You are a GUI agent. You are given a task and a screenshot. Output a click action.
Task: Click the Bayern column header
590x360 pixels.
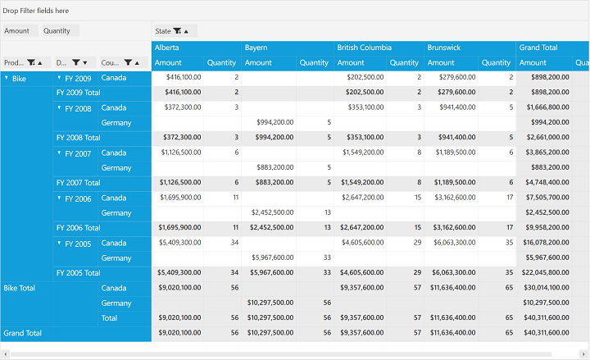click(256, 48)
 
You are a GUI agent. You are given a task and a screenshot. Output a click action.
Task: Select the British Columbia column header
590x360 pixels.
click(364, 48)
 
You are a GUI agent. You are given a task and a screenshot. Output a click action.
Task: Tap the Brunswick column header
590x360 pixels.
click(444, 48)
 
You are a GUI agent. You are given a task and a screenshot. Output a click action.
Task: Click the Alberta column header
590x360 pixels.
click(166, 48)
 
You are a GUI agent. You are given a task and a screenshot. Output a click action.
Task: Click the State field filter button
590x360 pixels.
click(177, 31)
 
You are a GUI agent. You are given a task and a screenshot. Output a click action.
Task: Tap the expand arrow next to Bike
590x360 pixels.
click(7, 78)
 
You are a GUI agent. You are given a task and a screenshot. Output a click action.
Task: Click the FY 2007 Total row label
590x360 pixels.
click(79, 183)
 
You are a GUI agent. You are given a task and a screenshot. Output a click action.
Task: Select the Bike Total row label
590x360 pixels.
click(19, 289)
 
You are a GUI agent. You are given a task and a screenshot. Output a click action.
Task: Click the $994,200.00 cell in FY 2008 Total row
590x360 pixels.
click(275, 138)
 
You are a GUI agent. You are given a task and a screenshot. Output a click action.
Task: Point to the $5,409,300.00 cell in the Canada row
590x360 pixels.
click(179, 243)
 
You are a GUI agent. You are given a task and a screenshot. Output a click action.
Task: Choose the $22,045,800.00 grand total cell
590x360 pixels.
click(545, 272)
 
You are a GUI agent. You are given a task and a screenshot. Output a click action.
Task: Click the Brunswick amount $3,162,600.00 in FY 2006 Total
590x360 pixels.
click(454, 228)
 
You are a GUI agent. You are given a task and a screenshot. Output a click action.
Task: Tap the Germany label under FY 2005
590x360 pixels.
click(116, 258)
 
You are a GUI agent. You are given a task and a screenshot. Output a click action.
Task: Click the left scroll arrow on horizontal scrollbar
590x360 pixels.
click(5, 354)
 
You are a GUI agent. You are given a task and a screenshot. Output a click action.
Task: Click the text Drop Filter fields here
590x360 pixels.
click(36, 11)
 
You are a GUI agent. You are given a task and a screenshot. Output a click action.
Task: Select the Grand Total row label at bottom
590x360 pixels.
click(23, 333)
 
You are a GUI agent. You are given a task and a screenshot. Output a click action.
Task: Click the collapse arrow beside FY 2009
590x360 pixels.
click(59, 78)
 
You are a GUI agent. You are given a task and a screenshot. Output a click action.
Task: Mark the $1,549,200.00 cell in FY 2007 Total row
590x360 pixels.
click(362, 183)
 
